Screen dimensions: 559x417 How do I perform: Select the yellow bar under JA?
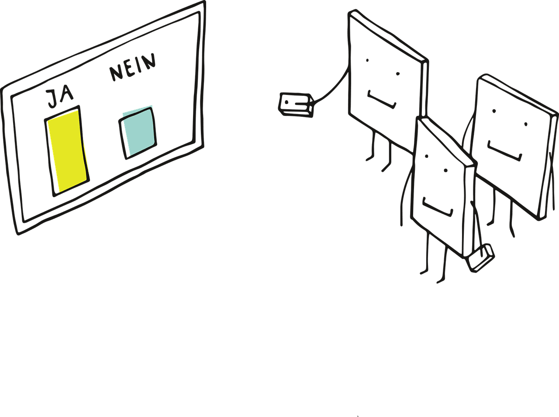coord(67,151)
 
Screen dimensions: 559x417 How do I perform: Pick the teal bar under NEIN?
coord(138,133)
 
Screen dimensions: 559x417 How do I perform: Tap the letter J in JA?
coord(52,99)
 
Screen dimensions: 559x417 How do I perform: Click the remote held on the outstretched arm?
coord(296,105)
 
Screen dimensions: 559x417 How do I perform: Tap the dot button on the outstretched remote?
coord(286,102)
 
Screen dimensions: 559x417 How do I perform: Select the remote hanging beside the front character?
coord(480,258)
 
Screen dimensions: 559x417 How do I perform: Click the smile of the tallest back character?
coord(382,100)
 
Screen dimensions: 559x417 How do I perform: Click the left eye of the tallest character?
coord(367,60)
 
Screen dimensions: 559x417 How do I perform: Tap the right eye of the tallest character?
coord(398,74)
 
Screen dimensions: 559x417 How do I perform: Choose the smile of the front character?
coord(438,207)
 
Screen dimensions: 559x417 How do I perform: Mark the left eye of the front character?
coord(427,156)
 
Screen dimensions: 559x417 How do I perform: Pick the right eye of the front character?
coord(446,170)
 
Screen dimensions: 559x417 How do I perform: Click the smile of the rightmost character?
coord(504,151)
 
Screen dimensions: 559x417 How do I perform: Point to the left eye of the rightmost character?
coord(494,111)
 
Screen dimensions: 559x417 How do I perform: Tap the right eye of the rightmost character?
coord(526,125)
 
